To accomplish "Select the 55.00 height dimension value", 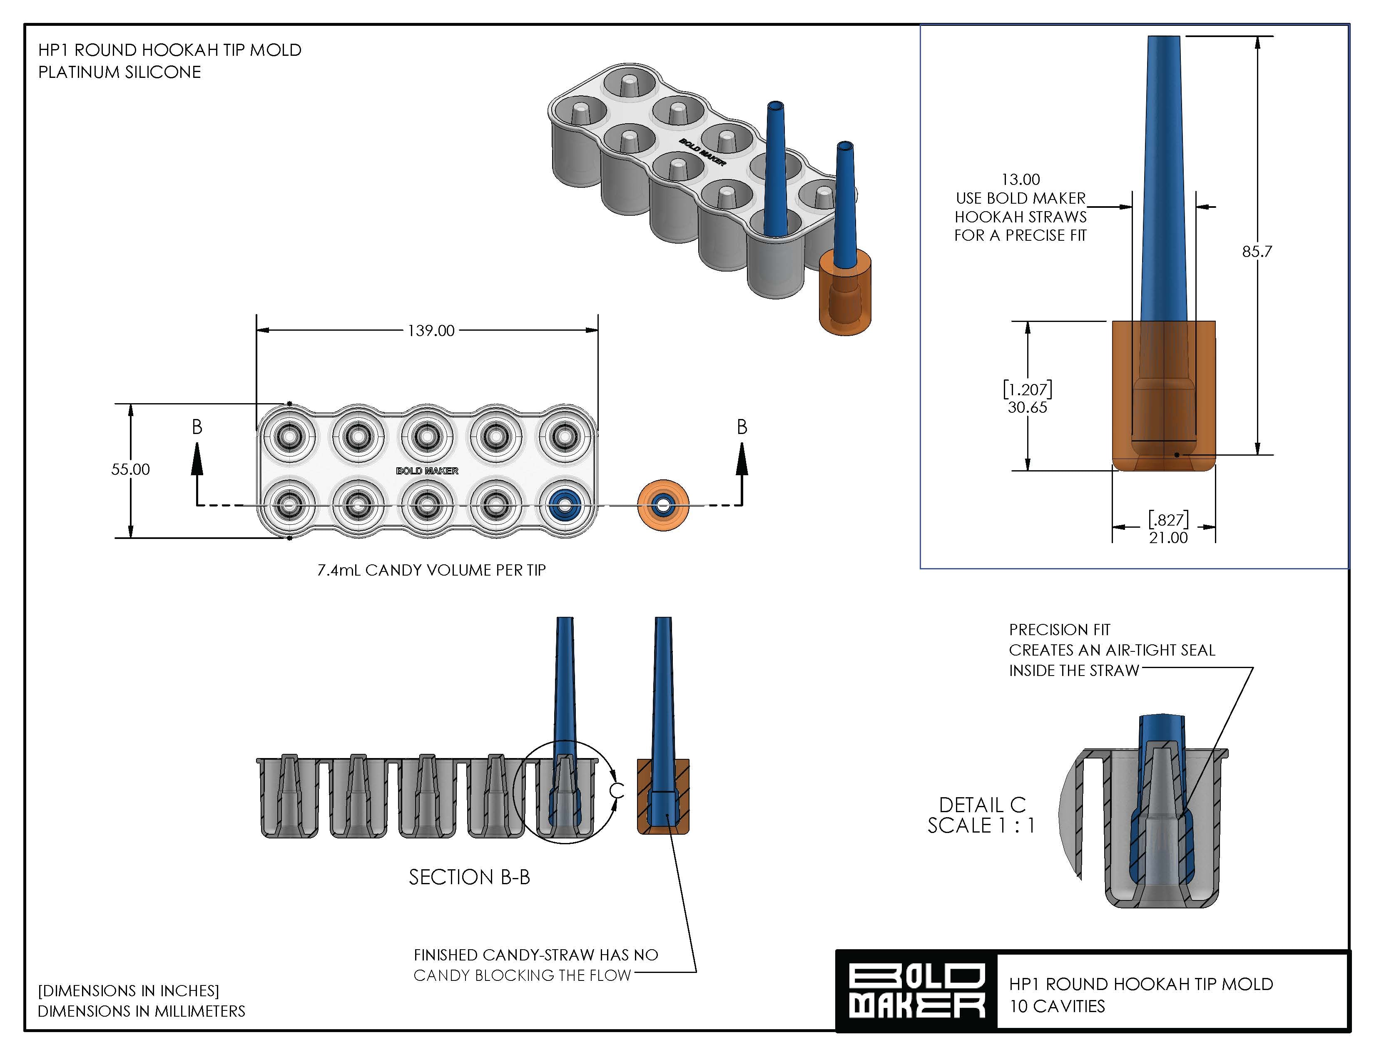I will coord(131,469).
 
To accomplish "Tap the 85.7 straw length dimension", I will coord(1257,251).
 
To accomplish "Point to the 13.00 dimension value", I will coord(1020,180).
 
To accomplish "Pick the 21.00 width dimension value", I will coord(1168,538).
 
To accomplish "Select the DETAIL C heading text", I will coord(982,804).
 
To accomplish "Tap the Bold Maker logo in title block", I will coord(916,992).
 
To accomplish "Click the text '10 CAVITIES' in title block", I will coord(1057,1006).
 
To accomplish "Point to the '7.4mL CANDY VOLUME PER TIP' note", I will coord(431,570).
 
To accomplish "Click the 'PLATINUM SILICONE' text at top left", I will coord(119,72).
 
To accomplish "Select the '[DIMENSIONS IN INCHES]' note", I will coord(128,990).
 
